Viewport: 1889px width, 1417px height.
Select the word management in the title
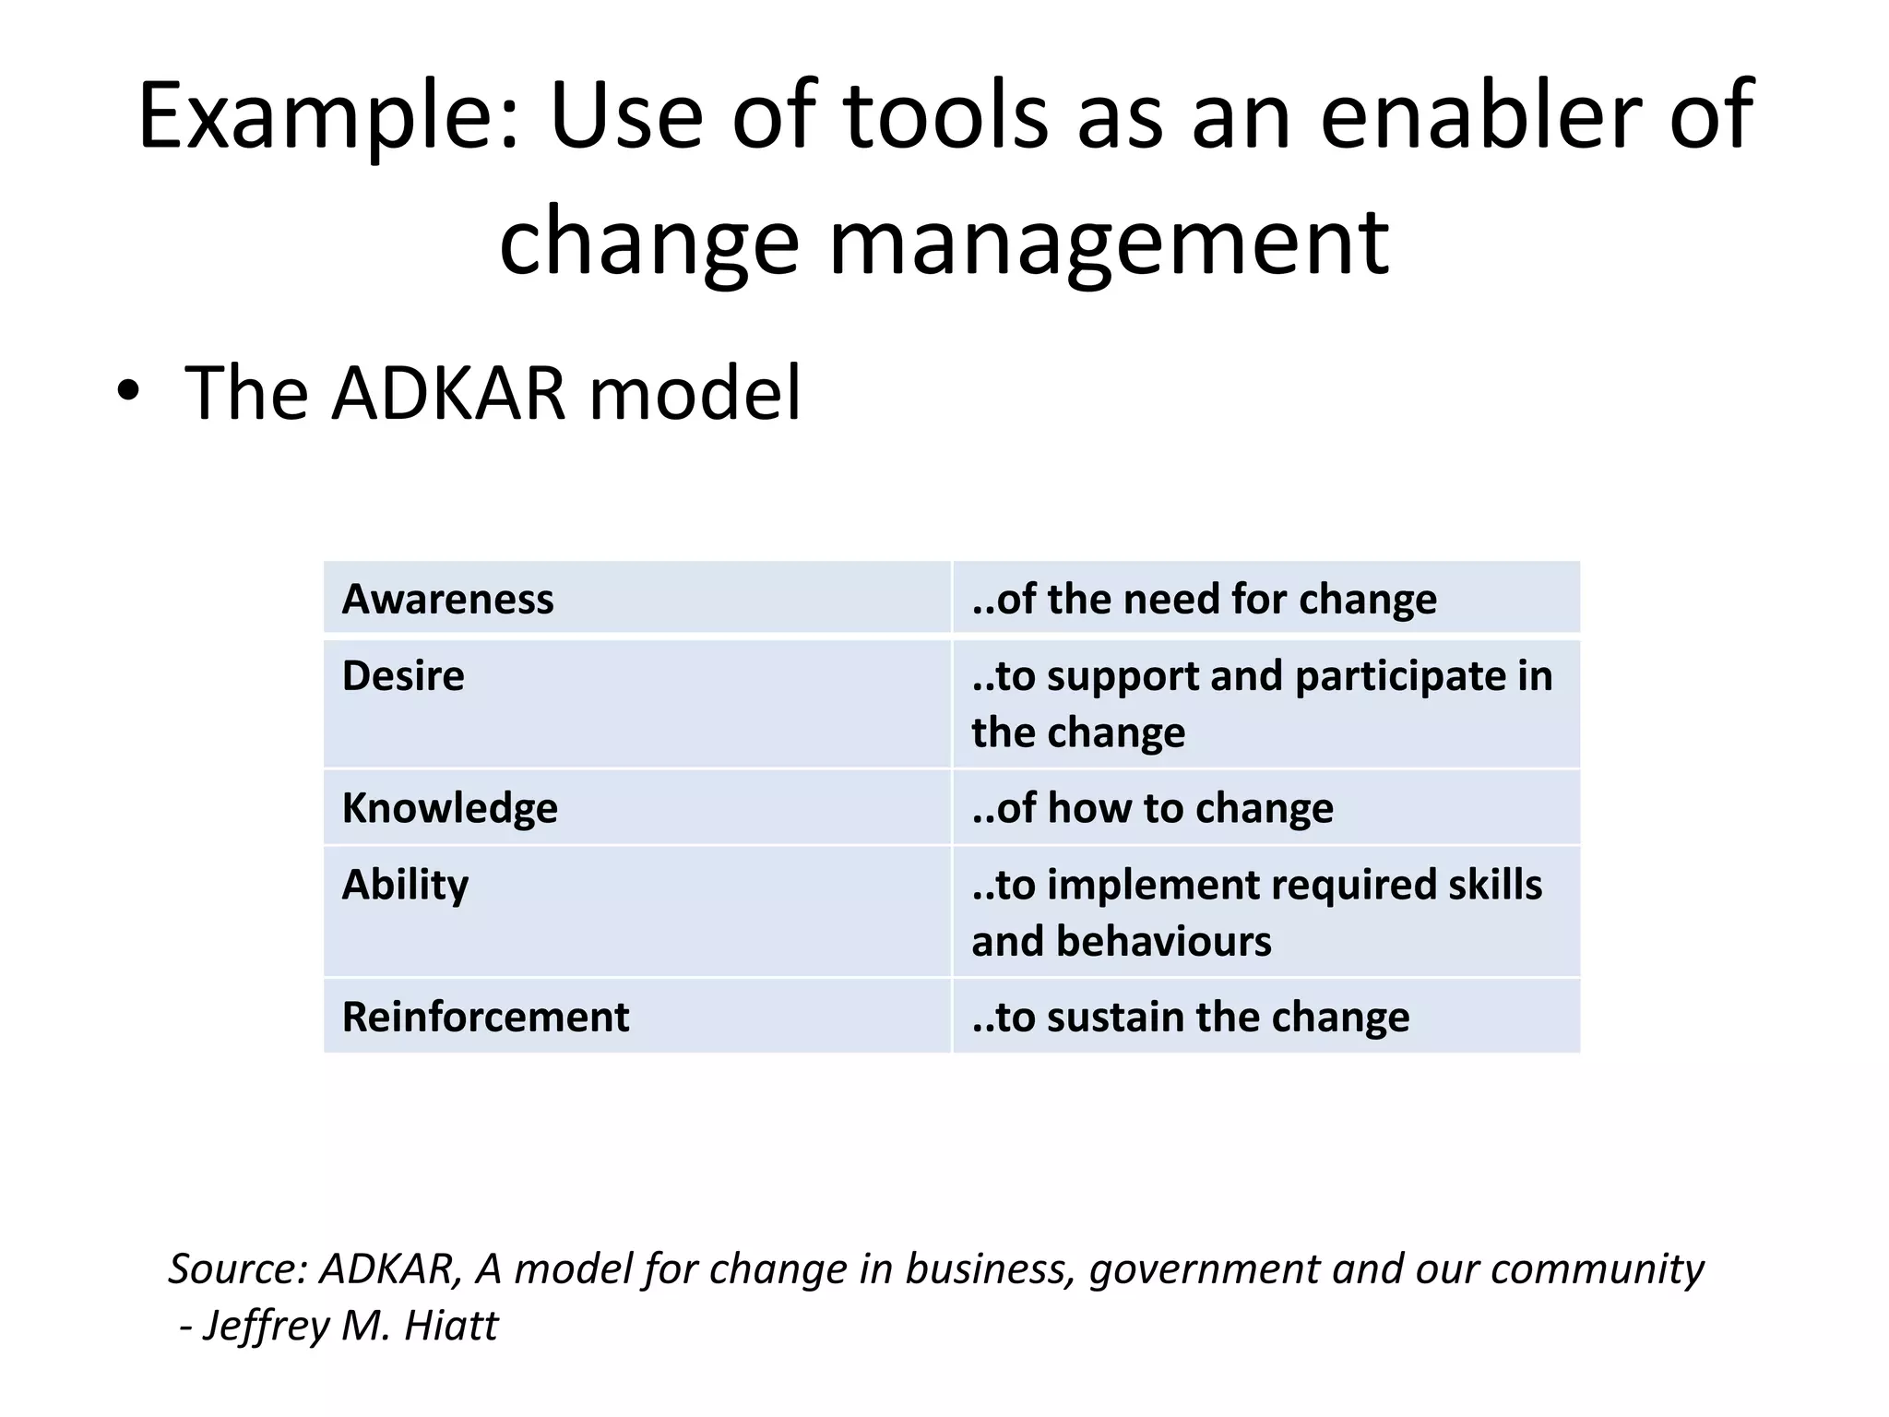(x=1108, y=243)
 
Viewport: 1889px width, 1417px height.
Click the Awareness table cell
(x=636, y=598)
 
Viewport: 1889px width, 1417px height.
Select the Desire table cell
(x=636, y=703)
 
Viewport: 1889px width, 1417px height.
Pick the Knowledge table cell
(x=636, y=808)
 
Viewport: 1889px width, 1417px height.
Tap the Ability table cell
(x=636, y=911)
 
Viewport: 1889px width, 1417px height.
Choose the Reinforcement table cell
(x=636, y=1017)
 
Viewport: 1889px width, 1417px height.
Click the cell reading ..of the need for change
(x=1265, y=598)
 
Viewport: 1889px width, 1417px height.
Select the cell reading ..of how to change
(x=1265, y=808)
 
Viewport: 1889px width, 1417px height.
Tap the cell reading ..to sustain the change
(x=1265, y=1017)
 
